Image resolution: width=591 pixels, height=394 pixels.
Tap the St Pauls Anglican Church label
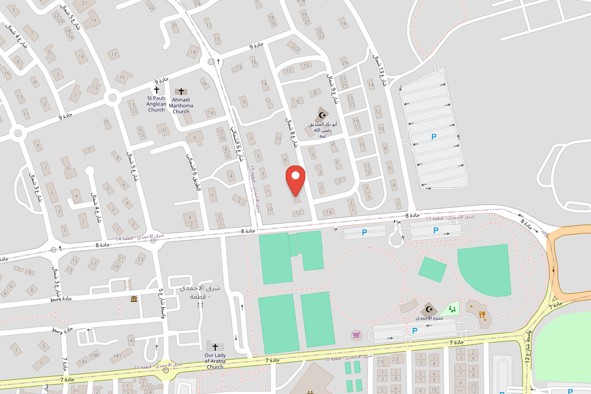[x=157, y=103]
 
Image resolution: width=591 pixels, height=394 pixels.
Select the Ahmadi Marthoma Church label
[x=181, y=105]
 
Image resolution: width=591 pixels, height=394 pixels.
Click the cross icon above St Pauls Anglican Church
[x=157, y=90]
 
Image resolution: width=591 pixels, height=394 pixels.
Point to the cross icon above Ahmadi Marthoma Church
[x=181, y=92]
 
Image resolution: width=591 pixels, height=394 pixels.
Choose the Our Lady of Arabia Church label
[x=215, y=361]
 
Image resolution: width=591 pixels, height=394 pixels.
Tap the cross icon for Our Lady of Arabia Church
[x=215, y=347]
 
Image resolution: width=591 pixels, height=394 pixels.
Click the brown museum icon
[x=134, y=299]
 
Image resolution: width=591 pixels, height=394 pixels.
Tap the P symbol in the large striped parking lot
[x=434, y=137]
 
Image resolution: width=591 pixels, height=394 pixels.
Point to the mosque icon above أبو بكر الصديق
[x=323, y=115]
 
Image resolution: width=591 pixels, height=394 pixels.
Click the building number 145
[x=131, y=340]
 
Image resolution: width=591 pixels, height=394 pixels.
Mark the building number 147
[x=117, y=356]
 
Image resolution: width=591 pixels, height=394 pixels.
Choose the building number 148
[x=95, y=355]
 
